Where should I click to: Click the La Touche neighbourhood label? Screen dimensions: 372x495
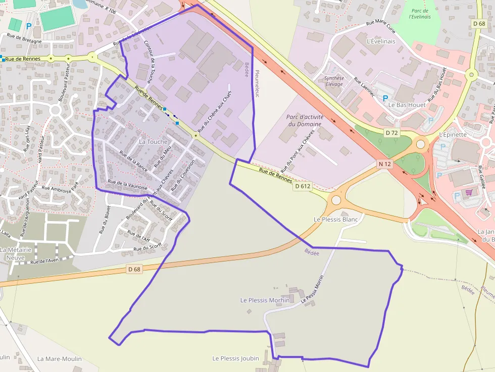point(153,142)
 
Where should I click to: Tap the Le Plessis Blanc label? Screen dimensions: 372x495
point(335,220)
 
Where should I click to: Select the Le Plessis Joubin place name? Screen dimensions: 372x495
point(235,359)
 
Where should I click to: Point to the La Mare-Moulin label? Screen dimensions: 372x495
point(59,359)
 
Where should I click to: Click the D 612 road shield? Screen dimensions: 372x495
point(303,186)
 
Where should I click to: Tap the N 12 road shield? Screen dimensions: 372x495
point(384,164)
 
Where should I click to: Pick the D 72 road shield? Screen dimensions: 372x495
point(391,133)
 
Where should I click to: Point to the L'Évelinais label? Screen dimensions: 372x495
point(381,41)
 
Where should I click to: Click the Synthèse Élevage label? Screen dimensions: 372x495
point(334,81)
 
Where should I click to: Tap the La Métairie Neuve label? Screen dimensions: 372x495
point(16,253)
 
